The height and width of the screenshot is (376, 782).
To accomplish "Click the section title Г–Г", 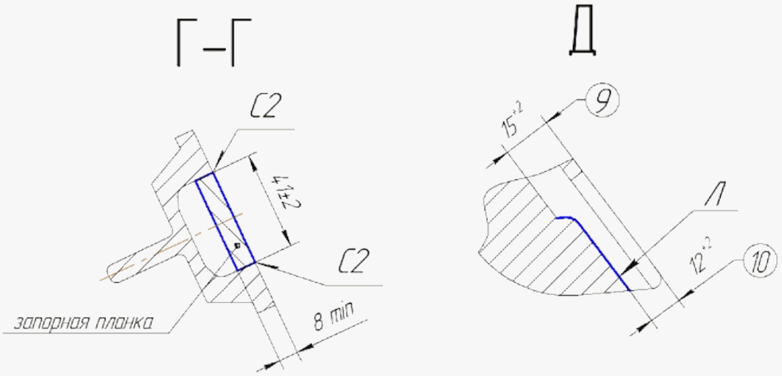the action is (214, 43).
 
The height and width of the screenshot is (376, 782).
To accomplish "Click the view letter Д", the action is (583, 30).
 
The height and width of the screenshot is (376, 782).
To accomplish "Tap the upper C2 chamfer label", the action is (265, 106).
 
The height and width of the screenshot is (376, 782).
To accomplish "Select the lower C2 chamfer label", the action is (354, 261).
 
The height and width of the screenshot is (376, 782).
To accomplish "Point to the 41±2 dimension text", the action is (288, 193).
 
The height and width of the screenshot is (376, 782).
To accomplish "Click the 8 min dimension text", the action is (333, 316).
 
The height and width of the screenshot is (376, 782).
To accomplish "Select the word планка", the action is (124, 323).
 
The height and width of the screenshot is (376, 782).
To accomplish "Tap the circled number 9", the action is (602, 100).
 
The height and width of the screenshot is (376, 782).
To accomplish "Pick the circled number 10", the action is (760, 261).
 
